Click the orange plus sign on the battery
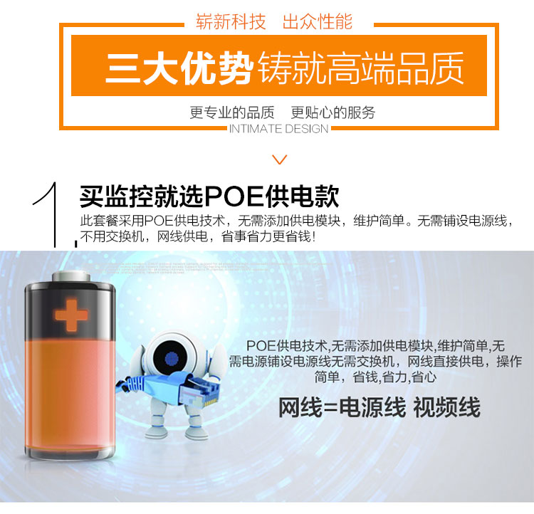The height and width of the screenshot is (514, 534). pos(71,315)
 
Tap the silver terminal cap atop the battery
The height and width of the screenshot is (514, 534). pos(71,276)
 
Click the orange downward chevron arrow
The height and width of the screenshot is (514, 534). pos(280,159)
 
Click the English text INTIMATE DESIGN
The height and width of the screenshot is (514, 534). pos(278,129)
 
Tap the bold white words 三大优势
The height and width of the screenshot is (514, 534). pos(179,68)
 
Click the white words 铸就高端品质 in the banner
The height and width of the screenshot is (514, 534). pos(361,68)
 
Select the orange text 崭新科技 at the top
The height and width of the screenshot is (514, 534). pos(231,22)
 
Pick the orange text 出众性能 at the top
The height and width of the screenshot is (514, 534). pos(318,22)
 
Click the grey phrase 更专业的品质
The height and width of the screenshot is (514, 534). pos(232,112)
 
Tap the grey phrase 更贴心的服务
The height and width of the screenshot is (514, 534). pos(333,112)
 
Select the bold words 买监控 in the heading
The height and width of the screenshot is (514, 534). pos(117,197)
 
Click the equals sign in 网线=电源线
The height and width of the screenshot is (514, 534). pos(330,408)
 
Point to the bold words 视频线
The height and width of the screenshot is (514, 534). pos(447,407)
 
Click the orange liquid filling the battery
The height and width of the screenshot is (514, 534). pos(70,392)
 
